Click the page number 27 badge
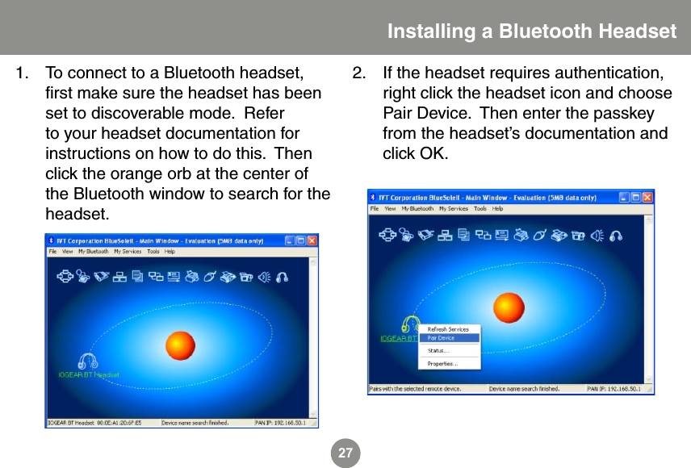345,453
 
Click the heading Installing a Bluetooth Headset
531,31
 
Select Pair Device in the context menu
442,338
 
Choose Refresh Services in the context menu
448,329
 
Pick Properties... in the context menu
442,364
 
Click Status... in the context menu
438,351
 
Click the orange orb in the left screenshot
180,345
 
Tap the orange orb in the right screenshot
509,307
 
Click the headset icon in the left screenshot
87,362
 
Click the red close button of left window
312,240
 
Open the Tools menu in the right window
480,209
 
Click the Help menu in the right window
498,209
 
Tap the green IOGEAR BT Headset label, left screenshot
89,374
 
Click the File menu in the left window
52,252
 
